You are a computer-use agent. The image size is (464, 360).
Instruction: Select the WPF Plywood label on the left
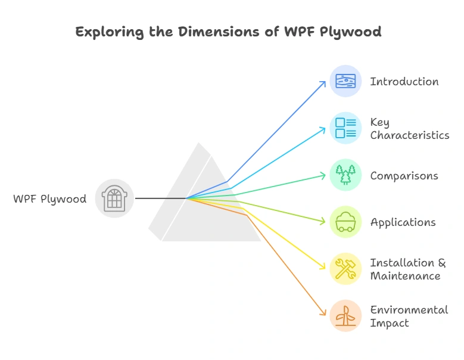tap(49, 199)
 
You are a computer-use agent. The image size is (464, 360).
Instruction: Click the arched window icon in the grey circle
tap(114, 198)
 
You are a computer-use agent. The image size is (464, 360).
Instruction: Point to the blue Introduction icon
tap(345, 81)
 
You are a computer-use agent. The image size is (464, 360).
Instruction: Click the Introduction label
tap(404, 82)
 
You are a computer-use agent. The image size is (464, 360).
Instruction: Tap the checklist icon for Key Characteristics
tap(345, 128)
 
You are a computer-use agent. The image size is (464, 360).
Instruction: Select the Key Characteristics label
tap(409, 129)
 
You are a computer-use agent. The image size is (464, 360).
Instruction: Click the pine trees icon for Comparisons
tap(345, 175)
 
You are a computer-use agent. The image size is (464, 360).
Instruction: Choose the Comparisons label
tap(404, 176)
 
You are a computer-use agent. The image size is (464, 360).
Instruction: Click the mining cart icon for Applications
tap(345, 222)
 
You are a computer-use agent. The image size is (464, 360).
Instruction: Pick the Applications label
tap(403, 222)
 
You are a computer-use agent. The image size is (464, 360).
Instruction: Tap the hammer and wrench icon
tap(345, 269)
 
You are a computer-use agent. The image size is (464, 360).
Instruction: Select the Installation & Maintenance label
tap(407, 269)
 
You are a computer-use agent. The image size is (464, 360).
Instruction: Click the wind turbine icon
tap(345, 316)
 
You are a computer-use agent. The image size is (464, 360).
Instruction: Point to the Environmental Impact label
tap(409, 316)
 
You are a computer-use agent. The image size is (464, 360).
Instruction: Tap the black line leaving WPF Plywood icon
tap(160, 198)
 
